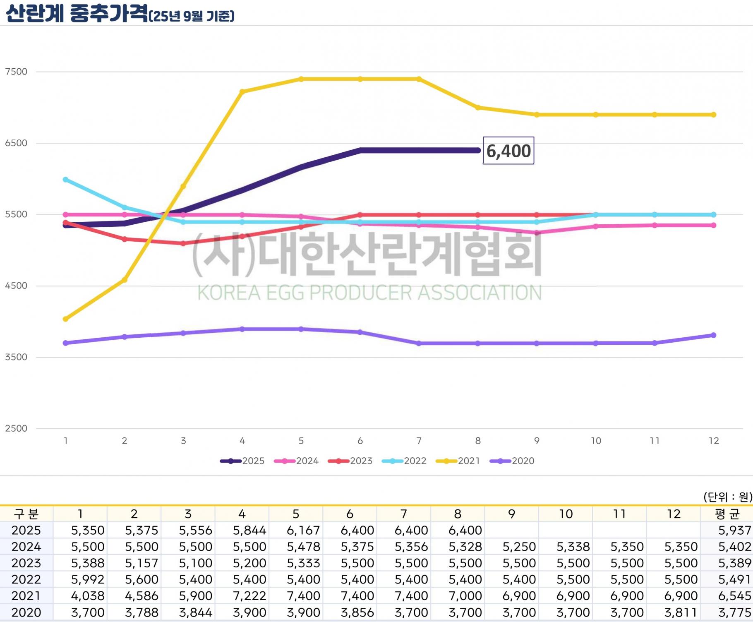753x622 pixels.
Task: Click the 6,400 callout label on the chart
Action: click(x=508, y=151)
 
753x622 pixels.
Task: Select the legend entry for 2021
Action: click(x=458, y=461)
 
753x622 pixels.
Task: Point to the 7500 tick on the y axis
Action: click(x=16, y=72)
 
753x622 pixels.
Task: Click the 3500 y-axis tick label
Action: click(x=16, y=357)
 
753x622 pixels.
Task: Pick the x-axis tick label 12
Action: click(x=714, y=441)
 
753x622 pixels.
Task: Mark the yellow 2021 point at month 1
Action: click(x=65, y=319)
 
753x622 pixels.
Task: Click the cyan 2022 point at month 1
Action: click(x=65, y=180)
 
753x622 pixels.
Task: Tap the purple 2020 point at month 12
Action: click(x=714, y=335)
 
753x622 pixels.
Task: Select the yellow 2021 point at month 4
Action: click(x=242, y=92)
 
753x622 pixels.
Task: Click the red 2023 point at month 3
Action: click(x=183, y=243)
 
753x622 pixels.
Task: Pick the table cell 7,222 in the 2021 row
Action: click(x=249, y=596)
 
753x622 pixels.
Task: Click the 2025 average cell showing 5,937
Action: click(x=734, y=531)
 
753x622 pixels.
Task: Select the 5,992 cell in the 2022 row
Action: click(x=88, y=579)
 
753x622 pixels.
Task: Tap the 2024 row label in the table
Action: click(x=26, y=547)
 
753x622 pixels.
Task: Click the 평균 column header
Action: click(x=727, y=514)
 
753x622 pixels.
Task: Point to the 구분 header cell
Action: click(x=26, y=514)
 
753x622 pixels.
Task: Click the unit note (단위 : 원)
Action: click(x=728, y=497)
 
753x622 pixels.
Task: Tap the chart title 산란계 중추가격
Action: click(x=77, y=13)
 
